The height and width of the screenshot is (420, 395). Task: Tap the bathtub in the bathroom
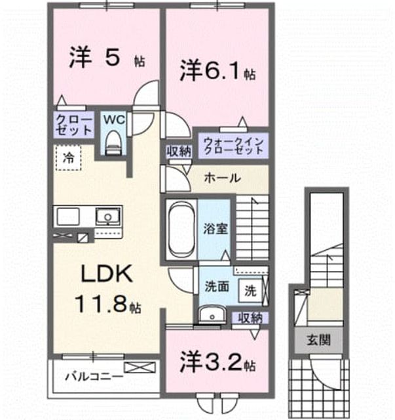(x=181, y=229)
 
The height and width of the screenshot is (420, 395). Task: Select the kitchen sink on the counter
(x=107, y=216)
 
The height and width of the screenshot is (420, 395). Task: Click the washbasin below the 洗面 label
(x=212, y=315)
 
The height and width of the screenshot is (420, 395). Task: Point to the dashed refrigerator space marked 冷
(x=68, y=157)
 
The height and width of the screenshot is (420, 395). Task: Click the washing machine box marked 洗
(x=251, y=291)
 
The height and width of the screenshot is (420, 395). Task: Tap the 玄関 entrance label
(x=318, y=340)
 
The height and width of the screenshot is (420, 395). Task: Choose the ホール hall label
(x=223, y=178)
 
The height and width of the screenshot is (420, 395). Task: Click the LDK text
(x=107, y=273)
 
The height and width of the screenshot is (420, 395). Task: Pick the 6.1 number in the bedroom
(x=221, y=70)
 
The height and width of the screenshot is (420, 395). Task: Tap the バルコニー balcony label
(x=94, y=377)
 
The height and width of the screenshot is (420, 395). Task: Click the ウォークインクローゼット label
(x=233, y=146)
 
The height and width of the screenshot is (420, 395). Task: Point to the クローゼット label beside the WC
(x=74, y=125)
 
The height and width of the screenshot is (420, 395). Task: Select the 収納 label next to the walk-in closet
(x=179, y=152)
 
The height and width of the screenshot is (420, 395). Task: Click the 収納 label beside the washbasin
(x=250, y=318)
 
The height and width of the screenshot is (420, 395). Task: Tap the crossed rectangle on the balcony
(x=140, y=367)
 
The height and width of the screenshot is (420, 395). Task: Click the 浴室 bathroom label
(x=216, y=229)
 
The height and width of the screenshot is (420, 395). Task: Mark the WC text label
(x=114, y=119)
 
